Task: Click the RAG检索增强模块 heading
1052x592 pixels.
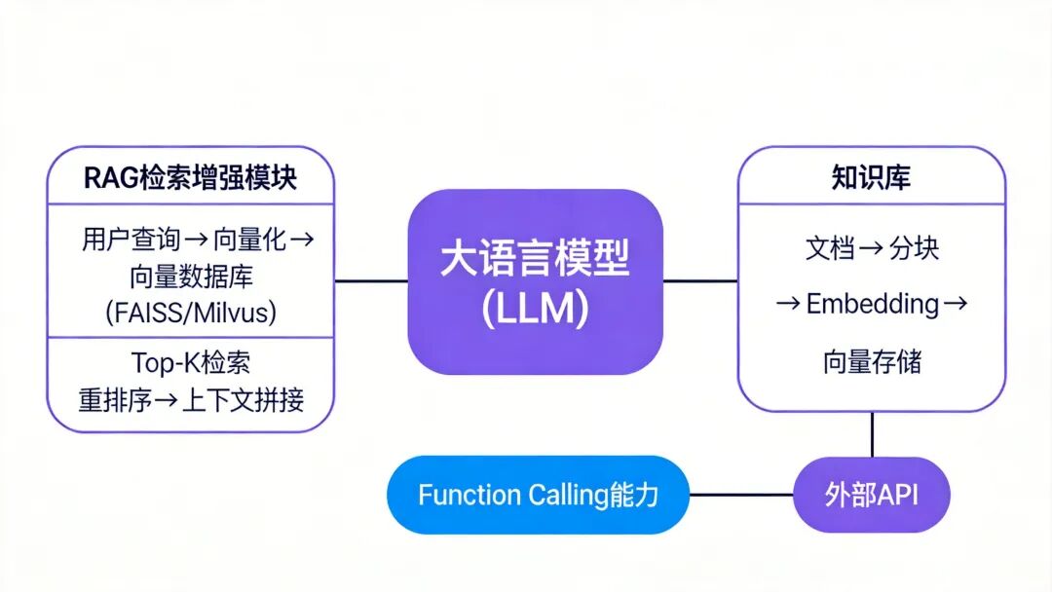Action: (191, 177)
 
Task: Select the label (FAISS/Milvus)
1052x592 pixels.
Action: (191, 313)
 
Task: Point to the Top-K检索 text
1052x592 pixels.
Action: (191, 362)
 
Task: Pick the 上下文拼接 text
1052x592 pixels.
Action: (243, 399)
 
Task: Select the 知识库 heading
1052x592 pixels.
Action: (871, 177)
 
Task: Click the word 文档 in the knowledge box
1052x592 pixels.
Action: (830, 248)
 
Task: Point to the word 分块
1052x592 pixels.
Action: (915, 248)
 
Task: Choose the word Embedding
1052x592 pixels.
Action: (872, 304)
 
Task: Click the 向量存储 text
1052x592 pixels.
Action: (872, 362)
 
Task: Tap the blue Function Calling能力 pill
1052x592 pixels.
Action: (538, 495)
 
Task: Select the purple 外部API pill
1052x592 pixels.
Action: (872, 495)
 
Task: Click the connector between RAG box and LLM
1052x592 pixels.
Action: (371, 280)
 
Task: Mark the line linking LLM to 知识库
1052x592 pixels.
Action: (700, 280)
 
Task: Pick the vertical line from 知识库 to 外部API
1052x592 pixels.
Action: (872, 434)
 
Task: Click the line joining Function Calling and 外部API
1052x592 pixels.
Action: (742, 495)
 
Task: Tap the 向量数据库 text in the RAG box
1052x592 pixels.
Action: (191, 277)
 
